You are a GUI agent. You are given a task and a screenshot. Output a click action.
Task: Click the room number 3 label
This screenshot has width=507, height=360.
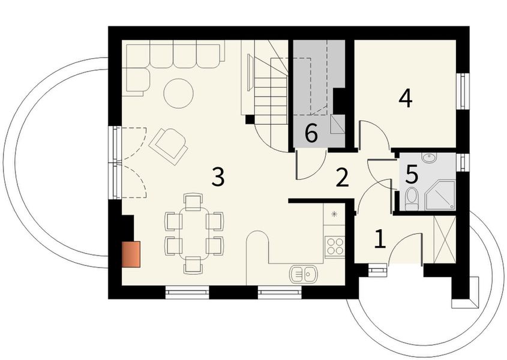(x=218, y=177)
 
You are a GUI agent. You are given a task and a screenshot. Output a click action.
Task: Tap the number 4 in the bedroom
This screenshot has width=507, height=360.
(x=406, y=98)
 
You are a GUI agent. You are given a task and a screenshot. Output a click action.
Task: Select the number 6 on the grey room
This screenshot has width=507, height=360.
(x=311, y=133)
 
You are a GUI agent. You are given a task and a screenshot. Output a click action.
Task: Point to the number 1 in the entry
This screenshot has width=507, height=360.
(x=380, y=239)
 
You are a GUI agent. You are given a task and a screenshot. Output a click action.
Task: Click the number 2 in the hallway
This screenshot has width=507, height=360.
(x=342, y=178)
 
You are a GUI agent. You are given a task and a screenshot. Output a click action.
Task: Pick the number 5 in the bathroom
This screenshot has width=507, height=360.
(x=411, y=175)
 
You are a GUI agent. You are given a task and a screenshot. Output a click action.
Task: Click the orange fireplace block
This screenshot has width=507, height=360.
(x=131, y=254)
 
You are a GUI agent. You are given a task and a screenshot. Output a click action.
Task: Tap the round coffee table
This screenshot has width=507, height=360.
(x=178, y=94)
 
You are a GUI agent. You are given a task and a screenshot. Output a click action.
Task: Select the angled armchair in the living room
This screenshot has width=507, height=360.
(x=169, y=145)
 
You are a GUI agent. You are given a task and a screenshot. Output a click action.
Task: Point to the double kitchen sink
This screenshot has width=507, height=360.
(x=304, y=274)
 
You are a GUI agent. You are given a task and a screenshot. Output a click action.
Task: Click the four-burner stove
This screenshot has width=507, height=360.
(x=334, y=247)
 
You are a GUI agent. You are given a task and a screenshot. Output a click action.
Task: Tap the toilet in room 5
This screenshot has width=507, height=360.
(x=412, y=199)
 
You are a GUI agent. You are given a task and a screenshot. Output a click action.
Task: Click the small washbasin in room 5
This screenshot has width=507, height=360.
(x=429, y=158)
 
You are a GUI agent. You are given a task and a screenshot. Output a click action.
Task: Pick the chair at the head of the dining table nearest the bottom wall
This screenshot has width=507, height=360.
(x=193, y=265)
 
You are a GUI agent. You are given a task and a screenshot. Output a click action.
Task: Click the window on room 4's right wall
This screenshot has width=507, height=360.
(x=463, y=91)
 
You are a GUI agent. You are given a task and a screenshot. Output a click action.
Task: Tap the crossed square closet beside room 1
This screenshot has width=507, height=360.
(x=444, y=239)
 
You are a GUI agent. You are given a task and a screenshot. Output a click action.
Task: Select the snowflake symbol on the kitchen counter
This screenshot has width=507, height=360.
(x=334, y=214)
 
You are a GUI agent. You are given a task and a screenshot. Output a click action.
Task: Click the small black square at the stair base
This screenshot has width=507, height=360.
(x=250, y=119)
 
